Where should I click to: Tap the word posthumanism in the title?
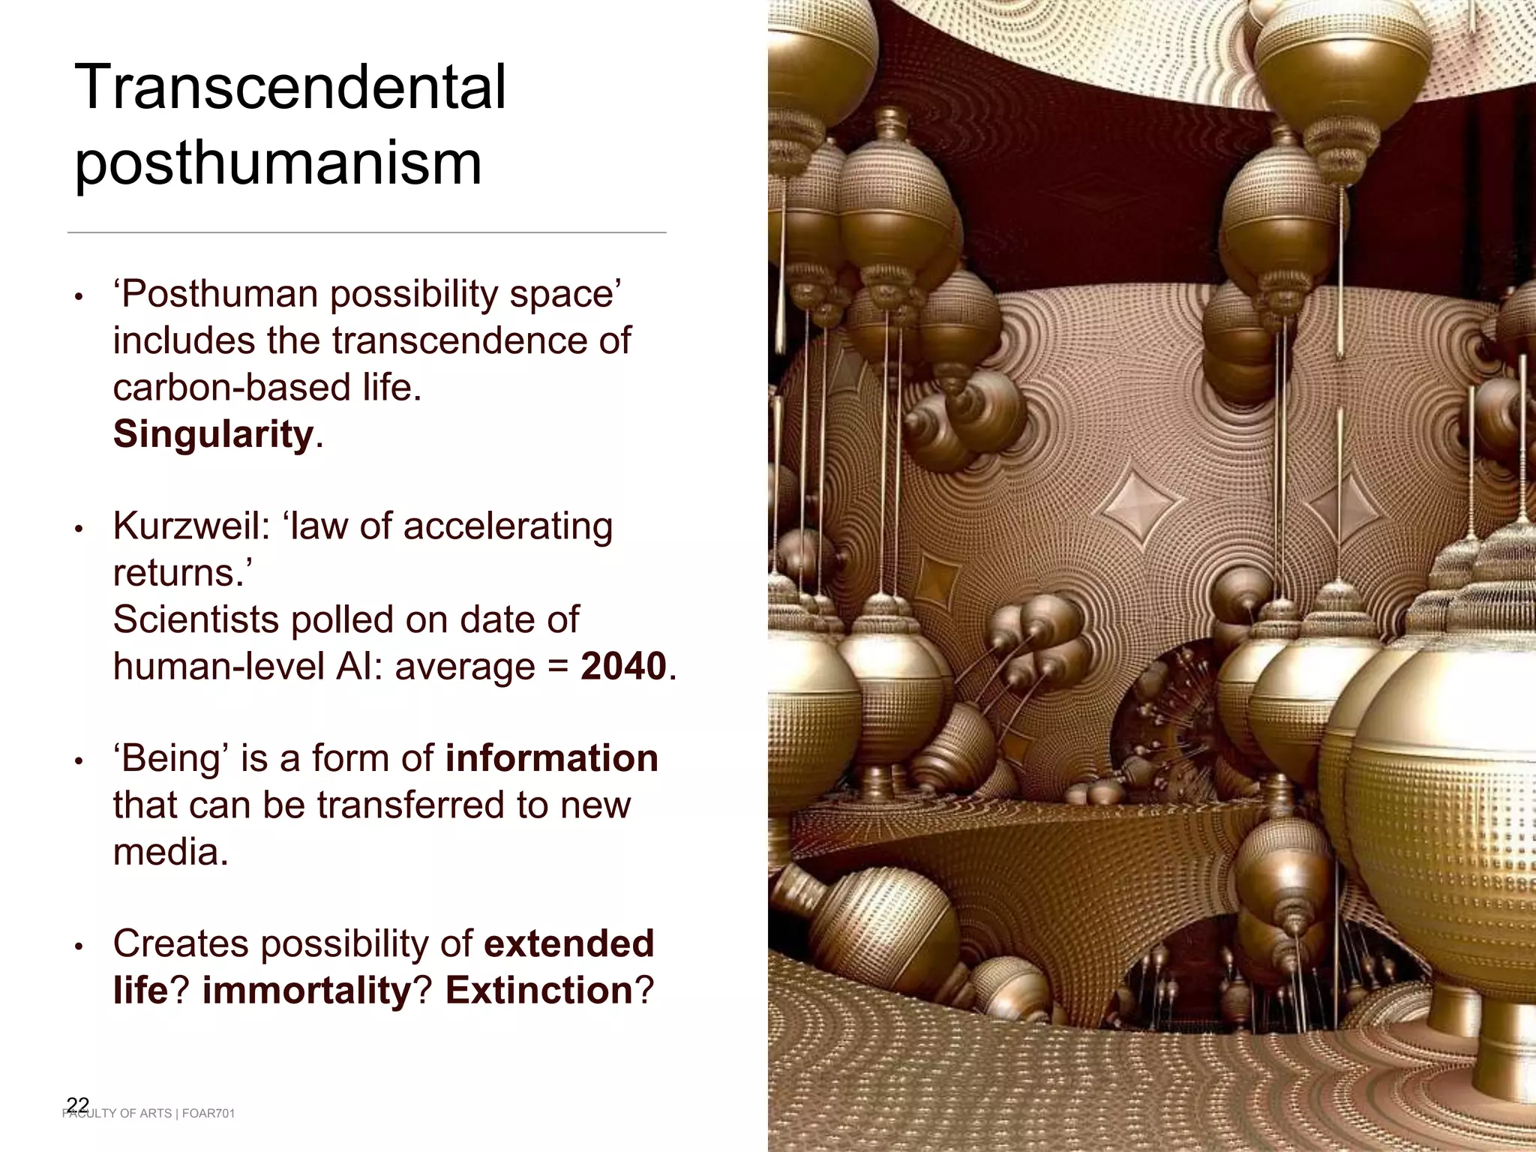pos(278,163)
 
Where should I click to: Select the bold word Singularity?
pos(213,434)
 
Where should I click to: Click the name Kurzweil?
pos(190,526)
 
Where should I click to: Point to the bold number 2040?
pos(623,666)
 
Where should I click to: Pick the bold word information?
pos(551,757)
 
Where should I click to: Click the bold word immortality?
pos(307,990)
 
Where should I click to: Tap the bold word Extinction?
pos(539,990)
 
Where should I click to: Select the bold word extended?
pos(569,943)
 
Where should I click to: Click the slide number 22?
pos(78,1105)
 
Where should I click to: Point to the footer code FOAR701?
pos(208,1114)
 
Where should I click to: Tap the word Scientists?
pos(196,619)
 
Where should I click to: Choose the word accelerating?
pos(508,526)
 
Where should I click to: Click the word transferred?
pos(411,805)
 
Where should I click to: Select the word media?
pos(170,851)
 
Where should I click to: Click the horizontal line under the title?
pos(367,232)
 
